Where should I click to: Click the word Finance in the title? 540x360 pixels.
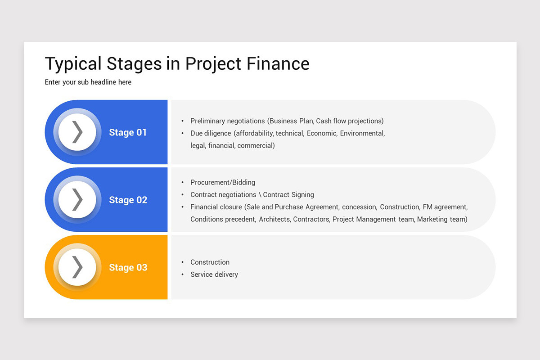pos(278,64)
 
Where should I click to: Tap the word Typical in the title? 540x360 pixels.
pos(73,64)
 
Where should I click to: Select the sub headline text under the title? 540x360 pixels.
pos(88,82)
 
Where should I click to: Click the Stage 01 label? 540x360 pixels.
pos(128,132)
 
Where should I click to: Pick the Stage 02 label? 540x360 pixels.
pos(128,200)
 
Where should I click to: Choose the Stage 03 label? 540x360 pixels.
pos(128,267)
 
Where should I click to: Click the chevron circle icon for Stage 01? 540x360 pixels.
pos(77,132)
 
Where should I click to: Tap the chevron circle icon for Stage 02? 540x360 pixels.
pos(77,200)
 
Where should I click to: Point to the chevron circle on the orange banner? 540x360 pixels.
pos(77,267)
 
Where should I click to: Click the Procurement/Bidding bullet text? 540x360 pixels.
pos(223,182)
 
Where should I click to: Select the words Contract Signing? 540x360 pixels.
pos(288,195)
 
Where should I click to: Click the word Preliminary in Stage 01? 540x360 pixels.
pos(208,121)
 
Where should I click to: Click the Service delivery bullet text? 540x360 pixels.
pos(214,274)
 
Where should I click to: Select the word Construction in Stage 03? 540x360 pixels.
pos(210,262)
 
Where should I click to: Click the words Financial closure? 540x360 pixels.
pos(216,207)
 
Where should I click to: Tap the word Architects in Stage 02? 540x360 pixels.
pos(275,219)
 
